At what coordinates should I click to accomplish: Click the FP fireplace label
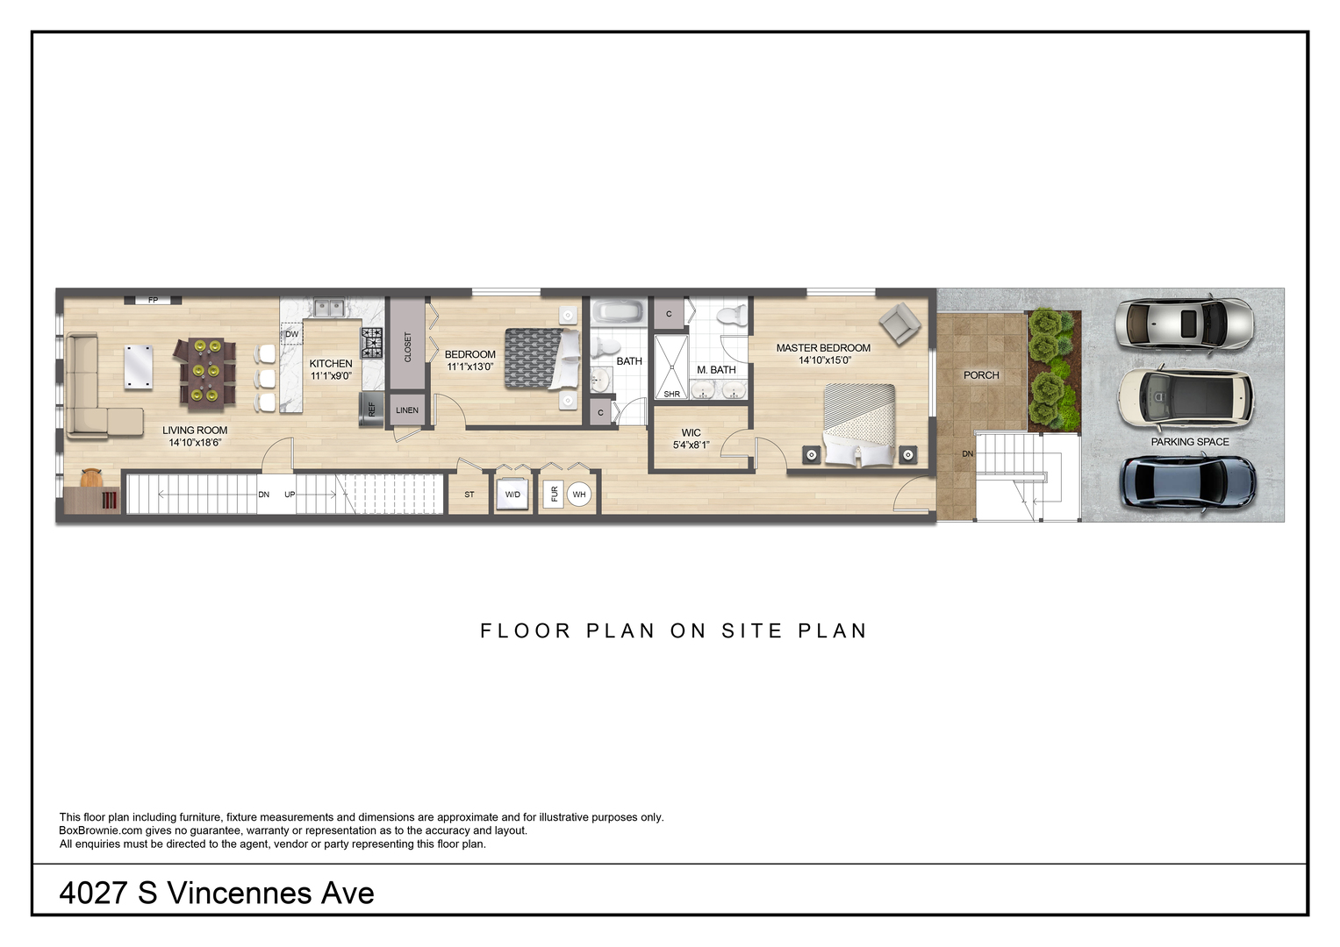point(153,300)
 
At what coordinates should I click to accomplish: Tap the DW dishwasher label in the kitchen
point(292,334)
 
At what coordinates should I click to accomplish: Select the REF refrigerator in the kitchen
point(371,409)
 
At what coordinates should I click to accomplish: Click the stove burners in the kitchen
point(371,342)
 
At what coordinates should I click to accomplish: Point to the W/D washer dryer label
point(512,495)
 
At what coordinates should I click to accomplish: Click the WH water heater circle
point(579,495)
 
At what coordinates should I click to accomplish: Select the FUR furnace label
point(554,495)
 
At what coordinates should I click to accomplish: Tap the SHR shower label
point(671,394)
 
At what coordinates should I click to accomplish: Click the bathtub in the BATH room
point(618,312)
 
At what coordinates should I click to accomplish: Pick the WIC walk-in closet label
point(691,432)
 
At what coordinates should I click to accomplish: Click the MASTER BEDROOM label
point(823,348)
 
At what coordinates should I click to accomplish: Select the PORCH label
point(981,375)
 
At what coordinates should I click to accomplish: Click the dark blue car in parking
point(1187,484)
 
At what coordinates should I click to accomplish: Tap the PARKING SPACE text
point(1190,442)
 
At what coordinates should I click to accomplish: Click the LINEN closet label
point(407,410)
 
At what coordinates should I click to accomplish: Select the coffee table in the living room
point(138,366)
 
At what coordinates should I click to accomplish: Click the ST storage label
point(469,495)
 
